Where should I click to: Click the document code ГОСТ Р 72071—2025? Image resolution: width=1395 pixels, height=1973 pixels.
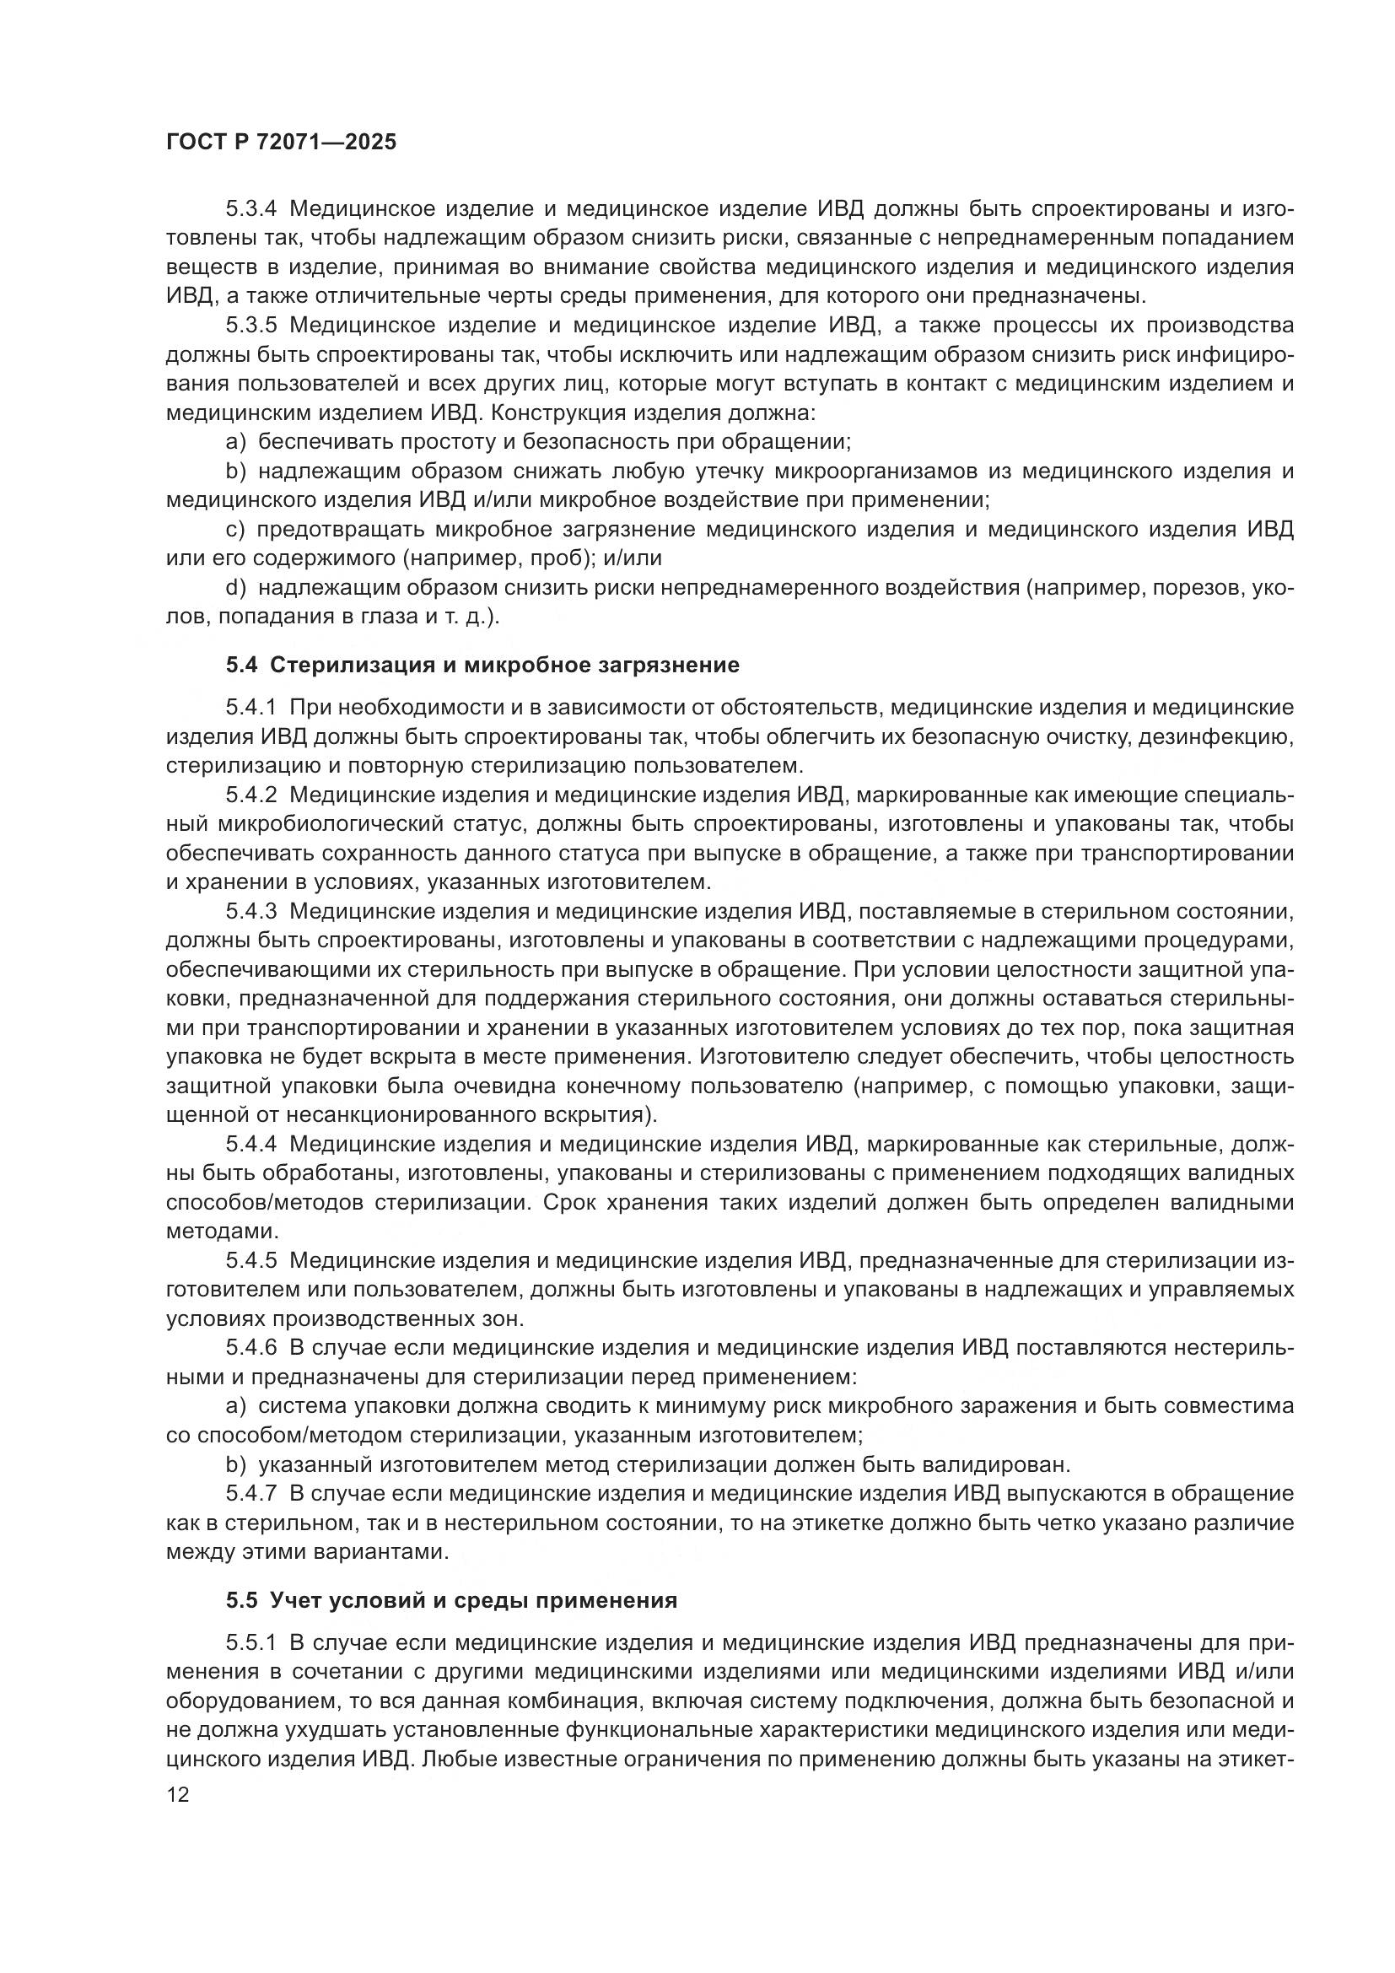coord(281,142)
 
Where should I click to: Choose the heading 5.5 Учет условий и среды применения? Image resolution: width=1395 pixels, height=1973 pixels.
coord(452,1600)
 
